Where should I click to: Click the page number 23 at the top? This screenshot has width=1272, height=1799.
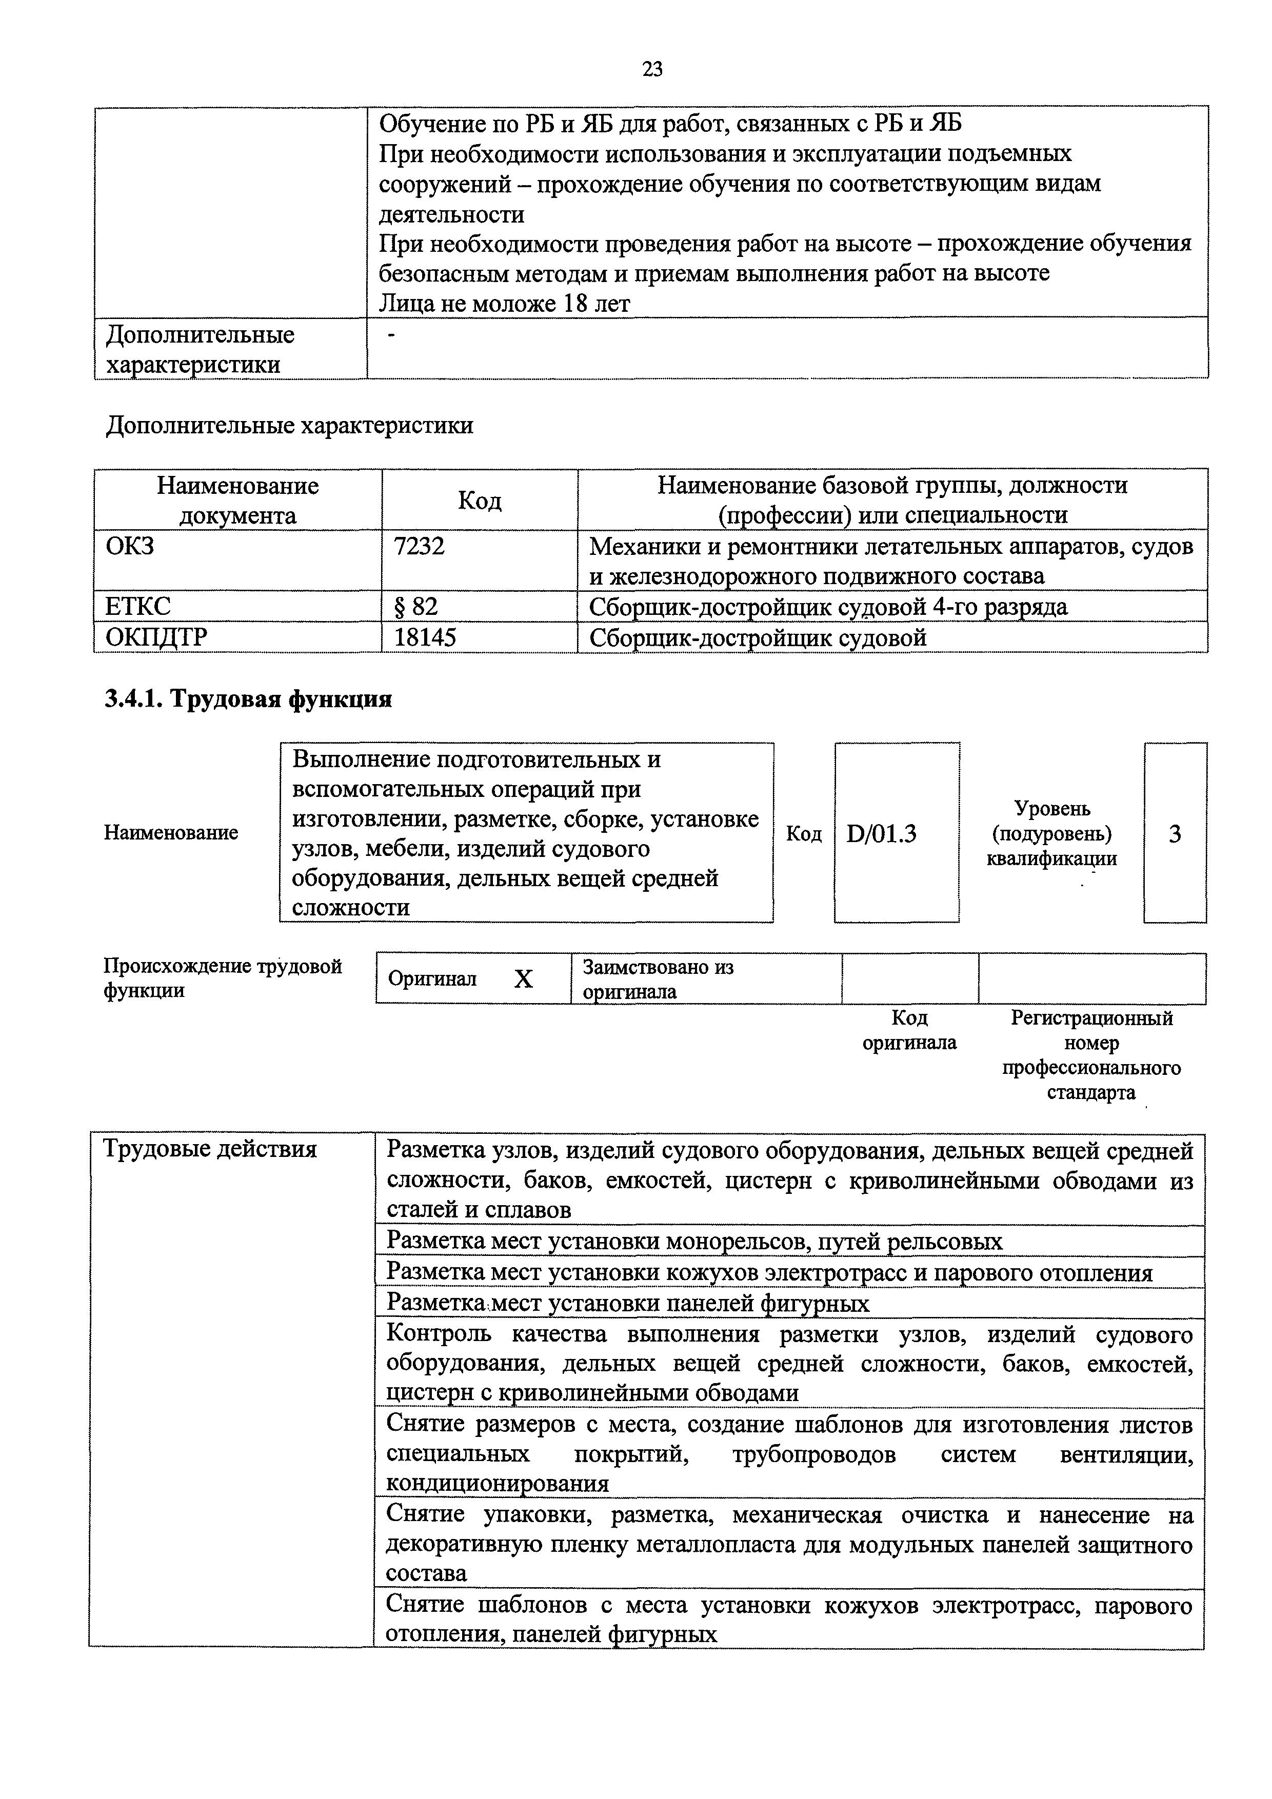coord(652,70)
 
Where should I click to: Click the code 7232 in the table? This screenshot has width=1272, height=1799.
coord(419,545)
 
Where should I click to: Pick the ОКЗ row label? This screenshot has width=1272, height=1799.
coord(130,545)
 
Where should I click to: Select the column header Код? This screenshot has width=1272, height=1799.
coord(480,500)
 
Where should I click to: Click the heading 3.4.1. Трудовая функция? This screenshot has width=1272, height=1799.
coord(248,698)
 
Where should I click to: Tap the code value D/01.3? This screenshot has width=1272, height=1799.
coord(882,834)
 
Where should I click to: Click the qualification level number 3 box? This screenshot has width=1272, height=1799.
coord(1175,834)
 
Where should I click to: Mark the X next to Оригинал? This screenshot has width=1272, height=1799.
coord(524,978)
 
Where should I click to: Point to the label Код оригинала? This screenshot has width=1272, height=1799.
coord(909,1030)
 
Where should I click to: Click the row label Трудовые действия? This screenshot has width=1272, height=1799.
coord(210,1149)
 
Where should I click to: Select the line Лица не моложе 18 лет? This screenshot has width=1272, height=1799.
coord(504,303)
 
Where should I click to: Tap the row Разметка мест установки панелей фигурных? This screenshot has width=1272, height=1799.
coord(628,1303)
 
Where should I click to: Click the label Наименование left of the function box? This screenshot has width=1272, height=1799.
coord(171,832)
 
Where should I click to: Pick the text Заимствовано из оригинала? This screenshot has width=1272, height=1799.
coord(658,978)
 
